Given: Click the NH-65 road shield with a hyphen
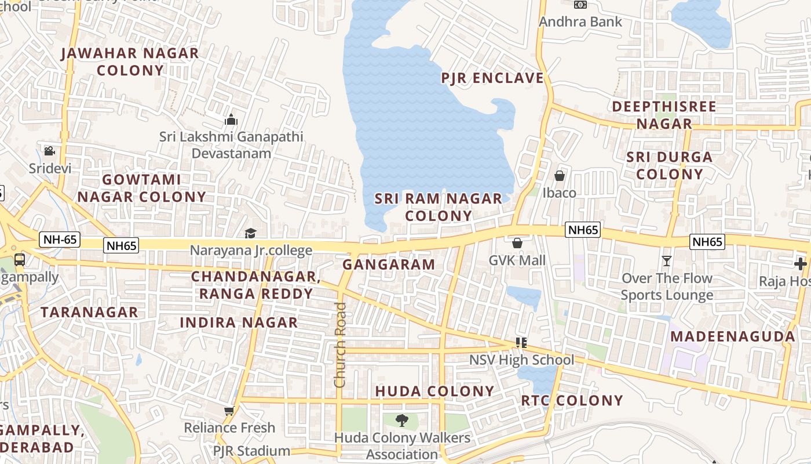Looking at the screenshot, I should [x=60, y=239].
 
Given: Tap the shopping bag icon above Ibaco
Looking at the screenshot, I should [x=560, y=175].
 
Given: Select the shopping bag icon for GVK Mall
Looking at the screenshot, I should [x=517, y=242].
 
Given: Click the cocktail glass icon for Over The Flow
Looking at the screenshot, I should [x=667, y=261].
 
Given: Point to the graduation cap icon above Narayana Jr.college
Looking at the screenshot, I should [x=250, y=233].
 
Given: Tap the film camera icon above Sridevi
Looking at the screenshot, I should [x=49, y=151].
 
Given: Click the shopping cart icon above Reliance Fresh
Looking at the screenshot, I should [x=229, y=411].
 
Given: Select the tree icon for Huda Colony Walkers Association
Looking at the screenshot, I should [x=401, y=420].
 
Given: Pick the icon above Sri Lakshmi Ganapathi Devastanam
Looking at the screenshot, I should [x=231, y=120].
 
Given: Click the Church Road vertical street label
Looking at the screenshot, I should [x=340, y=345].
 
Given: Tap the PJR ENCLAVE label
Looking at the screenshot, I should [x=492, y=78].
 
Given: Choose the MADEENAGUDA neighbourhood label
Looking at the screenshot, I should [x=732, y=336].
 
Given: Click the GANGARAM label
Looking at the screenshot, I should [x=389, y=264].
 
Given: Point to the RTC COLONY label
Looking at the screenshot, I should [x=572, y=401].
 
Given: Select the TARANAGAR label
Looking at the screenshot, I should [x=89, y=312].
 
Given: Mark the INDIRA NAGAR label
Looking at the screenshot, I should [x=239, y=322].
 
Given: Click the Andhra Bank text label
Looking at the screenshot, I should [x=580, y=22].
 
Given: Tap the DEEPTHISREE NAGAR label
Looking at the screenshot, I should [x=664, y=115].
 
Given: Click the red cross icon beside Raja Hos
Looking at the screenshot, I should [x=800, y=264].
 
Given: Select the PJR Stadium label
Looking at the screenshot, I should [x=251, y=451].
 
